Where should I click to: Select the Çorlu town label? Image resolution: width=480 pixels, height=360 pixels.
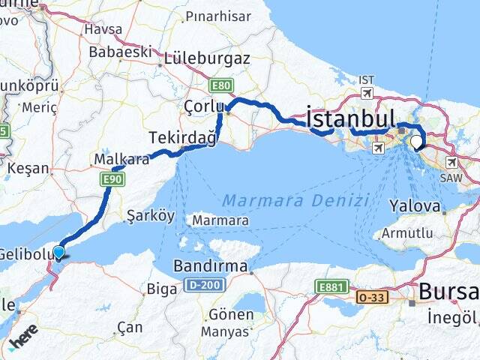click(x=199, y=108)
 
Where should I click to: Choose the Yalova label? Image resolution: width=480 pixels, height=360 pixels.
click(x=415, y=205)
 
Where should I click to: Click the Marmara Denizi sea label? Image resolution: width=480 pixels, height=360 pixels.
click(x=296, y=201)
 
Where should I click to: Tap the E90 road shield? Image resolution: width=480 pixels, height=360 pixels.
click(x=111, y=179)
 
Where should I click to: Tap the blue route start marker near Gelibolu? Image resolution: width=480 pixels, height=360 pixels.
click(x=59, y=253)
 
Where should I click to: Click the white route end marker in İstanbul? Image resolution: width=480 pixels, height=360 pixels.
click(x=416, y=140)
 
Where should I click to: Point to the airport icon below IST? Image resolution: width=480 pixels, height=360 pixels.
click(x=367, y=93)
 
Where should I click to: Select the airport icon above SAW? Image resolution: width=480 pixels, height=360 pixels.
click(x=452, y=162)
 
